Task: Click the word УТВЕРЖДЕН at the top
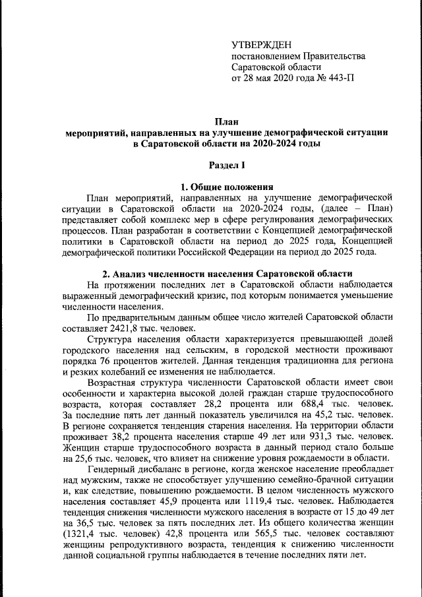[x=261, y=44]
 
